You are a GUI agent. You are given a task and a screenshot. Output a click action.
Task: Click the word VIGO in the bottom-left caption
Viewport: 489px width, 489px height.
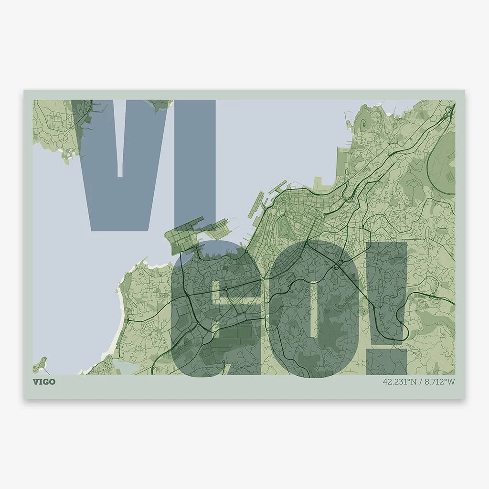[x=44, y=382]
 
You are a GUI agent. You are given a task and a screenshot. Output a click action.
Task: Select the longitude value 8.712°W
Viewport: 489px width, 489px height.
[x=439, y=382]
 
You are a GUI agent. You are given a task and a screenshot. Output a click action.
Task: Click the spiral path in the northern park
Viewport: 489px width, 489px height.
[x=364, y=123]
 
